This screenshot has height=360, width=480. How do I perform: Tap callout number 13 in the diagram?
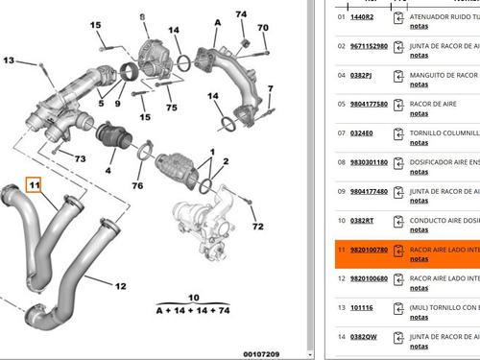pyautogui.click(x=9, y=60)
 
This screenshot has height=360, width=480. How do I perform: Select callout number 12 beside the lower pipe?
pyautogui.click(x=120, y=286)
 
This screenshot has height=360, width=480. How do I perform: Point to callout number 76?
pyautogui.click(x=137, y=185)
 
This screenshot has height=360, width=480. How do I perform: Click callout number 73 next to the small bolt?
pyautogui.click(x=80, y=158)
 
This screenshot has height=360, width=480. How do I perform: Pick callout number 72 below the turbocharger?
pyautogui.click(x=257, y=227)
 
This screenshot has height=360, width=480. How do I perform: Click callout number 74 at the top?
pyautogui.click(x=241, y=14)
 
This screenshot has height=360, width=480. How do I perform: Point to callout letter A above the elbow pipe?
pyautogui.click(x=217, y=22)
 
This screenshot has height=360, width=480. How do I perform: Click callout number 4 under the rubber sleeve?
pyautogui.click(x=108, y=171)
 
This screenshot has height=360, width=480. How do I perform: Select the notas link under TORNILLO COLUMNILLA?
pyautogui.click(x=420, y=142)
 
